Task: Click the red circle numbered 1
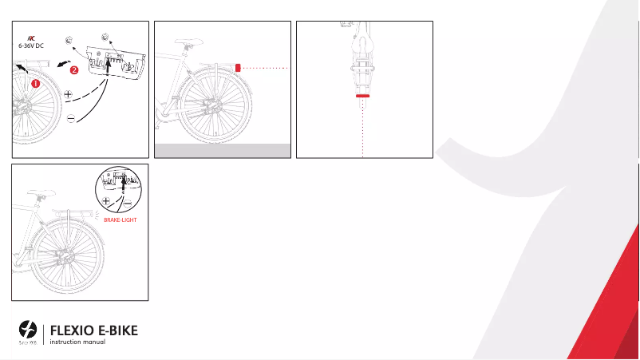[x=35, y=82]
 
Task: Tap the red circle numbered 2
[x=73, y=71]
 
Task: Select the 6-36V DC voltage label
[x=31, y=46]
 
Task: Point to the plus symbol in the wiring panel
[x=68, y=94]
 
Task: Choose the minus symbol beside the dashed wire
[x=70, y=118]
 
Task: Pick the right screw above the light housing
[x=105, y=35]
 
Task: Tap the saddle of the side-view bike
[x=186, y=38]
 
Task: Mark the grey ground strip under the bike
[x=222, y=151]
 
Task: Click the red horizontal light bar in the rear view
[x=363, y=95]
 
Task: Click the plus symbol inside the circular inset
[x=105, y=202]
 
